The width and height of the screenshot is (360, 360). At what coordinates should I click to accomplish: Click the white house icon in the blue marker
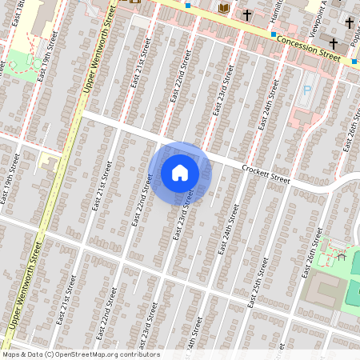[x=180, y=173]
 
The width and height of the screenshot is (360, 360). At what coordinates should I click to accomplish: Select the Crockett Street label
[x=268, y=174]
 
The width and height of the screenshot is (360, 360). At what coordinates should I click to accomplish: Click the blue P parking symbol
[x=306, y=91]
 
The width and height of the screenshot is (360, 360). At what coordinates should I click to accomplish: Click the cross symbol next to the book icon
[x=248, y=14]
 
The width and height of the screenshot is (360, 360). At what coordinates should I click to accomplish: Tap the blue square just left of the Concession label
[x=273, y=34]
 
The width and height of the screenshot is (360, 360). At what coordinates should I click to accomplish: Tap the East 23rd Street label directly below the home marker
[x=185, y=214]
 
